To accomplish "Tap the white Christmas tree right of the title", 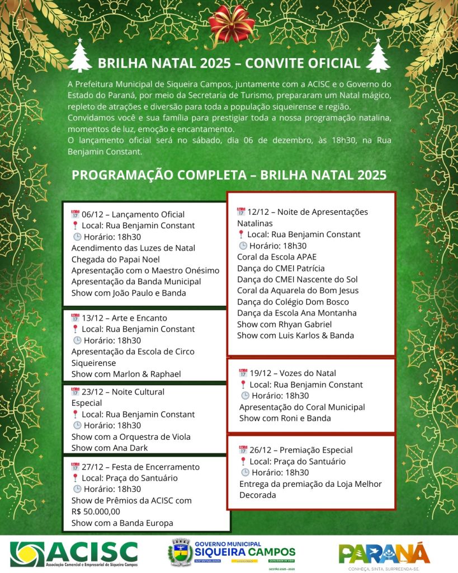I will tap(378, 56).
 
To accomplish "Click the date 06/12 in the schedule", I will tap(93, 214).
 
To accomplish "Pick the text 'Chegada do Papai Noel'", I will tap(116, 259).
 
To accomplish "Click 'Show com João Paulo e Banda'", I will tap(129, 293).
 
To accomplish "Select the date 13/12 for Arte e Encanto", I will tap(93, 318).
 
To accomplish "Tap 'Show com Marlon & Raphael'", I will tap(126, 374).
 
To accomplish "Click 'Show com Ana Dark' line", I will tap(110, 448).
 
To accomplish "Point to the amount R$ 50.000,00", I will tap(96, 511).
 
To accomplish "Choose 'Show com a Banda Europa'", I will tap(122, 523).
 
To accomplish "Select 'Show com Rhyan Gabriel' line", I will tap(284, 324).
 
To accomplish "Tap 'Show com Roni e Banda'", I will tap(285, 418).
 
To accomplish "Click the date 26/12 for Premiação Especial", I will tap(261, 450).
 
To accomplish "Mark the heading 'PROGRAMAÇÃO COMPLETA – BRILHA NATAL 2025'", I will tap(229, 175).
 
